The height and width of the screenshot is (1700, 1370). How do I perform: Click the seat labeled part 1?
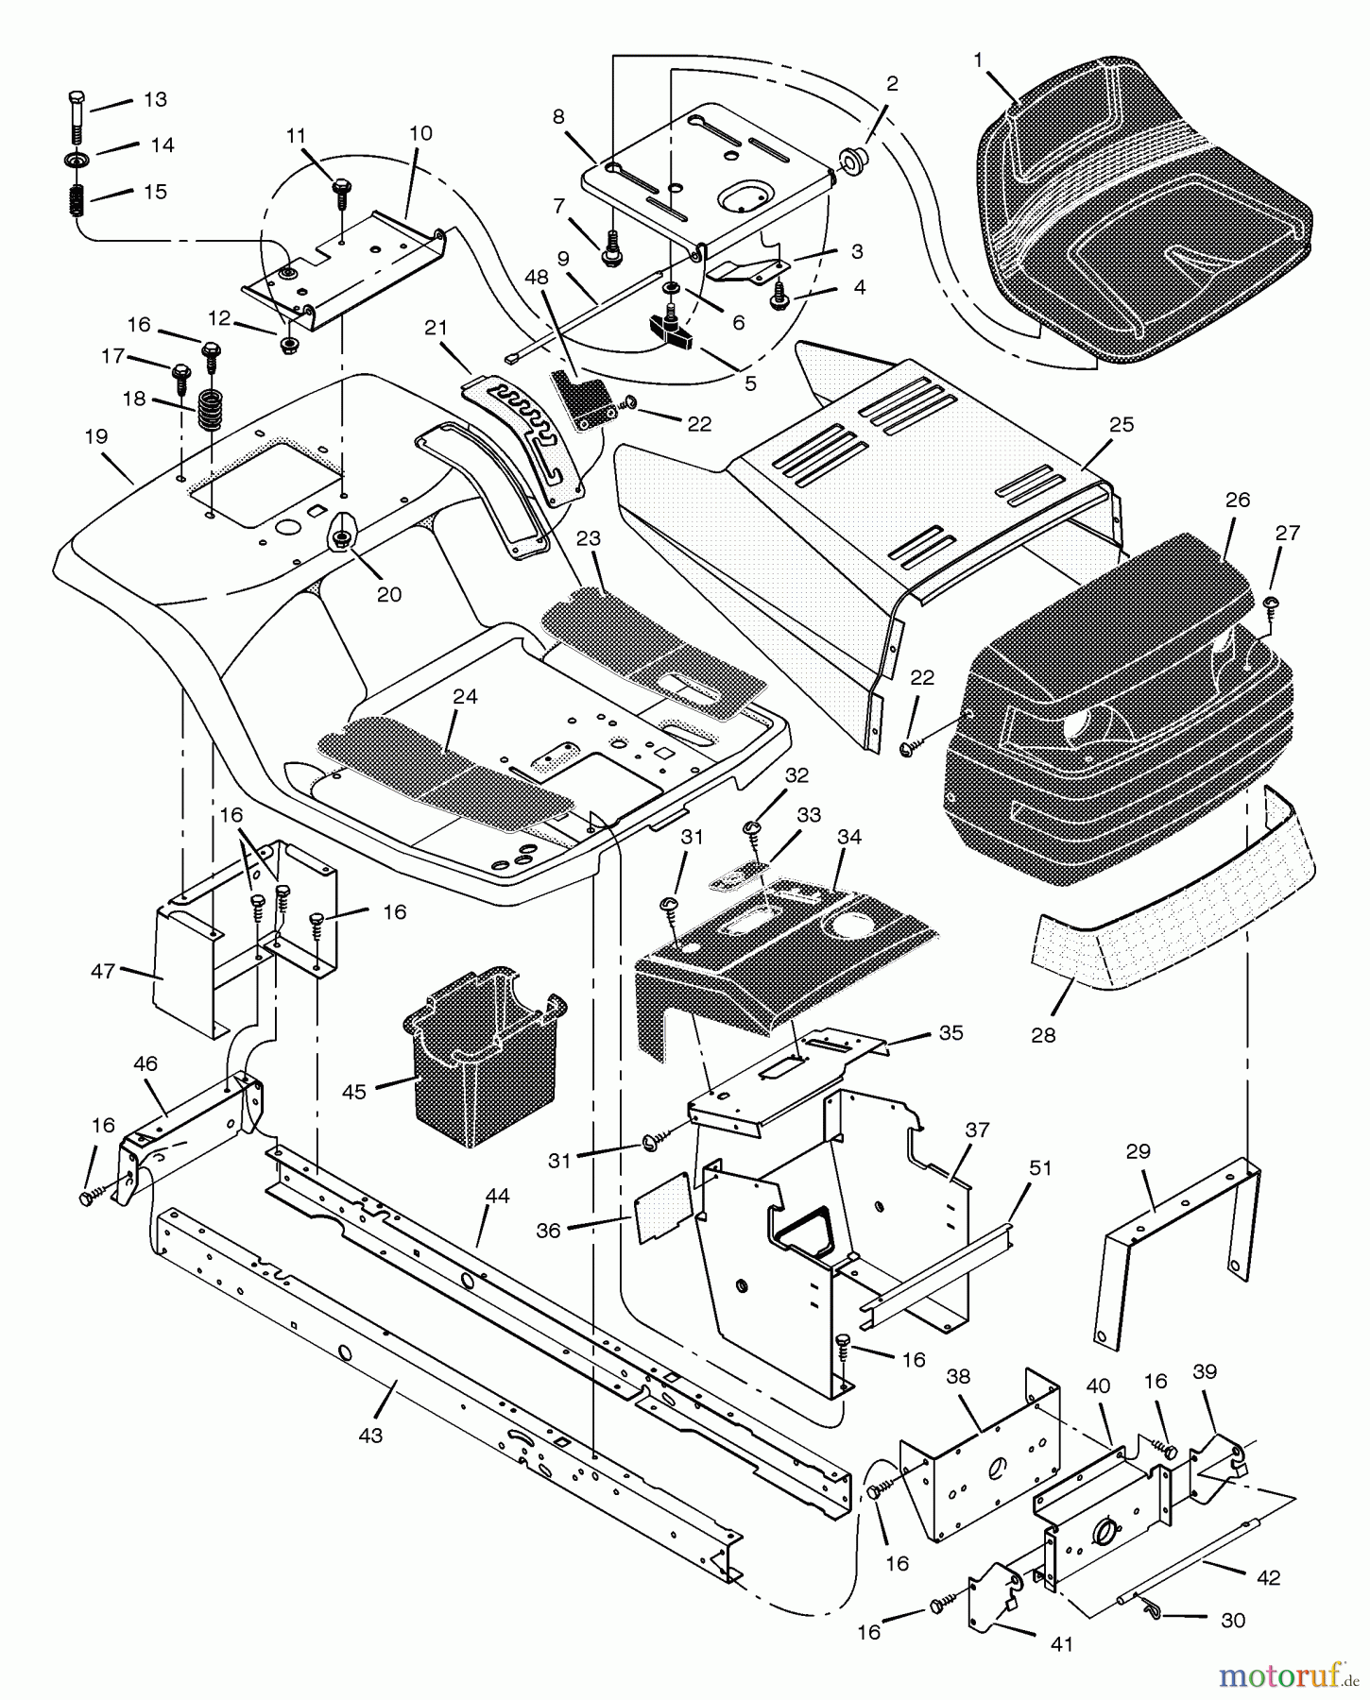click(x=1143, y=217)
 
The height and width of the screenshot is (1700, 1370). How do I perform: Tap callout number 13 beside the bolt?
click(x=154, y=99)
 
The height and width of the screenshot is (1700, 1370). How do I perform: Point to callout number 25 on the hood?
click(x=1122, y=424)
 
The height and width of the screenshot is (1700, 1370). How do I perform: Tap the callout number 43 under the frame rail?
click(x=370, y=1435)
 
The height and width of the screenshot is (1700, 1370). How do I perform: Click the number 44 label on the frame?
click(x=497, y=1196)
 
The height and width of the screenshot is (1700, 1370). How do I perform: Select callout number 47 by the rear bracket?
click(x=104, y=970)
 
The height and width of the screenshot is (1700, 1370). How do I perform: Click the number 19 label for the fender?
click(x=95, y=437)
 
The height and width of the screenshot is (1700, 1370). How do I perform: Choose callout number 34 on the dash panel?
click(x=849, y=836)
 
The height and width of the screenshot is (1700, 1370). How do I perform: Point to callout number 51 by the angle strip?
click(x=1039, y=1168)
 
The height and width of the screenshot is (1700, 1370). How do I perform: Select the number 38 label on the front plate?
click(x=957, y=1377)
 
